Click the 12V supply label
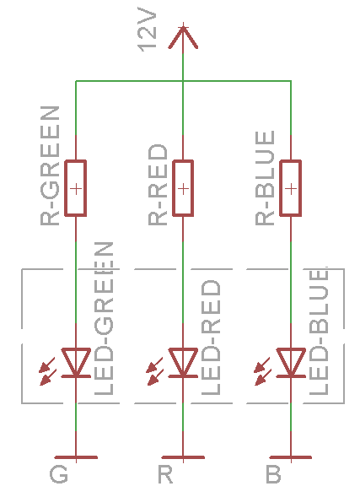click(148, 29)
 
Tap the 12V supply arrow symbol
click(183, 36)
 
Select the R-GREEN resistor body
click(75, 188)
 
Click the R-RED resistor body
click(183, 188)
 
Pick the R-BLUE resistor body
click(291, 188)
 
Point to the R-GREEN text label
click(50, 165)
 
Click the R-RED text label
click(158, 185)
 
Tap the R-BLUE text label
click(265, 178)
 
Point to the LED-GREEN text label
click(104, 319)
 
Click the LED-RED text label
click(211, 338)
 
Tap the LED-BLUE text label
click(319, 332)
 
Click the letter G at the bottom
click(58, 474)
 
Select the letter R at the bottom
click(165, 474)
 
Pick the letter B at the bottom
click(273, 474)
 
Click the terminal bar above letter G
click(76, 457)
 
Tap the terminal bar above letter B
click(291, 457)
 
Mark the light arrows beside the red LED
click(155, 371)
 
